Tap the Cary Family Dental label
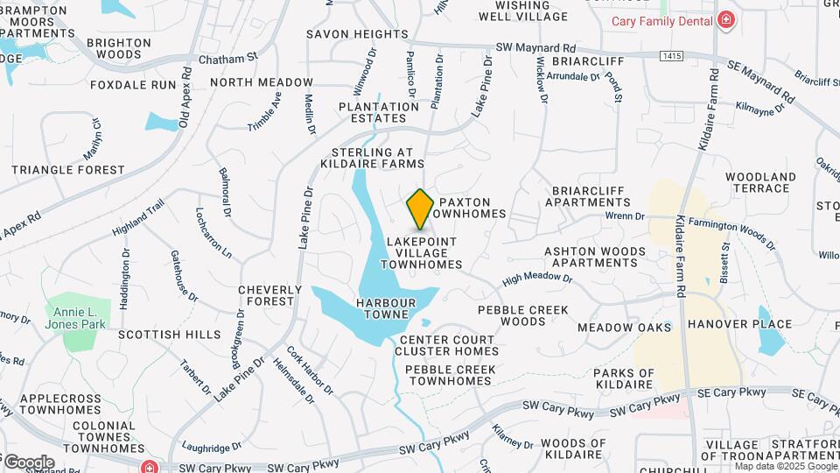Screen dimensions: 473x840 coord(661,20)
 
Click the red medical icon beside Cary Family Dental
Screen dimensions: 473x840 coord(725,20)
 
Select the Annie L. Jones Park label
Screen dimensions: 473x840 coord(80,318)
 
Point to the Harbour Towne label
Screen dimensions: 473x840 coord(382,308)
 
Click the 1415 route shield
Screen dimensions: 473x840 coord(672,56)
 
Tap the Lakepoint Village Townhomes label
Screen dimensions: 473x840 coord(420,252)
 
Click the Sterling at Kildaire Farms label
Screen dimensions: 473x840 coord(372,158)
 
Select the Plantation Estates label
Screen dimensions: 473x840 coord(379,112)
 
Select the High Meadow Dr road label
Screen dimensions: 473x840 coord(536,279)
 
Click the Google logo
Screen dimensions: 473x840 coord(28,462)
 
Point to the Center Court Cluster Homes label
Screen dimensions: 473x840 coord(448,345)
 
